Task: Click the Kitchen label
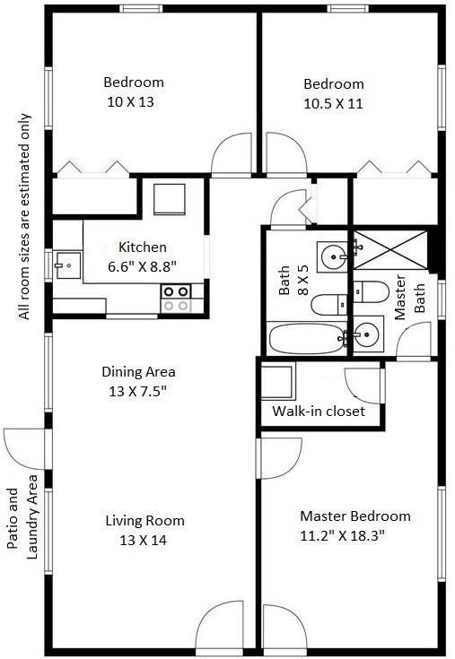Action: [x=143, y=247]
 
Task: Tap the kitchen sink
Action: [x=68, y=265]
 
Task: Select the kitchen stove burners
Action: [x=176, y=299]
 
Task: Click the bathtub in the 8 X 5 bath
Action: [x=307, y=338]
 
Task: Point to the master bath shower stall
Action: [x=390, y=249]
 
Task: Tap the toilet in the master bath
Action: [x=372, y=291]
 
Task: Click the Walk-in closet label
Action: [x=319, y=411]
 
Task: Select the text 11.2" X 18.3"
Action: [x=342, y=535]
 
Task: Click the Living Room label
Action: [x=144, y=520]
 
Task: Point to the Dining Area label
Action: [x=138, y=371]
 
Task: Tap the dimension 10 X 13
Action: [x=130, y=101]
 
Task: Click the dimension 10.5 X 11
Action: [x=333, y=103]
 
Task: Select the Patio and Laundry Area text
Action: [x=22, y=517]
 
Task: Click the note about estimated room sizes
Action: [x=24, y=216]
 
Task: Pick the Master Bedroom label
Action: [x=355, y=516]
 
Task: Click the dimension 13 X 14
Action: [x=143, y=540]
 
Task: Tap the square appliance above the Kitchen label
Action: [x=170, y=199]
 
